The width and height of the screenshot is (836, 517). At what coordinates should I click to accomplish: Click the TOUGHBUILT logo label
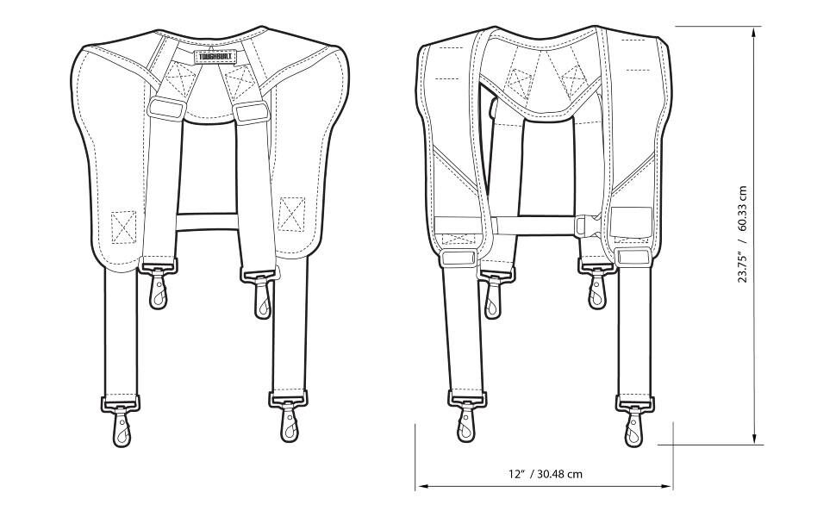point(217,56)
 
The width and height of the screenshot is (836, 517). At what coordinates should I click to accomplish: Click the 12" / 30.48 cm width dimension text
point(545,473)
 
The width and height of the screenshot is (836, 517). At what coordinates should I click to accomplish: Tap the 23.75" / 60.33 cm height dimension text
point(742,234)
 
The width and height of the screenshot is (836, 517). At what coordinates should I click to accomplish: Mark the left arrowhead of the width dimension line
point(421,486)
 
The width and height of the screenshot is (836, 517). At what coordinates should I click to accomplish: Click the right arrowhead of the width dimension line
point(666,486)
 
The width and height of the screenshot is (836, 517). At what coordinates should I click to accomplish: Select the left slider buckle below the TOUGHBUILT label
point(165,107)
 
